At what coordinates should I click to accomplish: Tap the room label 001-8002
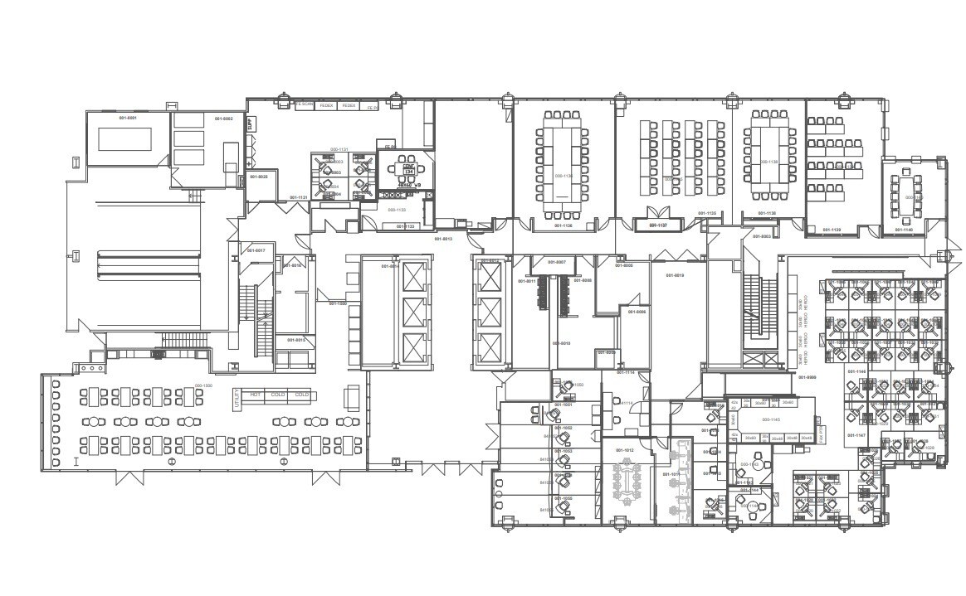tap(224, 119)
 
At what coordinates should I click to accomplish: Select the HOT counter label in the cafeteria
tap(256, 395)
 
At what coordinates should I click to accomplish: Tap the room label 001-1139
tap(831, 230)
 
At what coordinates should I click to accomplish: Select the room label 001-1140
tap(904, 230)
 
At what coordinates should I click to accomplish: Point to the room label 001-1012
tap(624, 450)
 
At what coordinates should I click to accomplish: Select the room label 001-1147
tap(856, 435)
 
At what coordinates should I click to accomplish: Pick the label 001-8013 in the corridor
tap(442, 239)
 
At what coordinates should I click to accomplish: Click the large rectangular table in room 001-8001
tap(124, 139)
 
